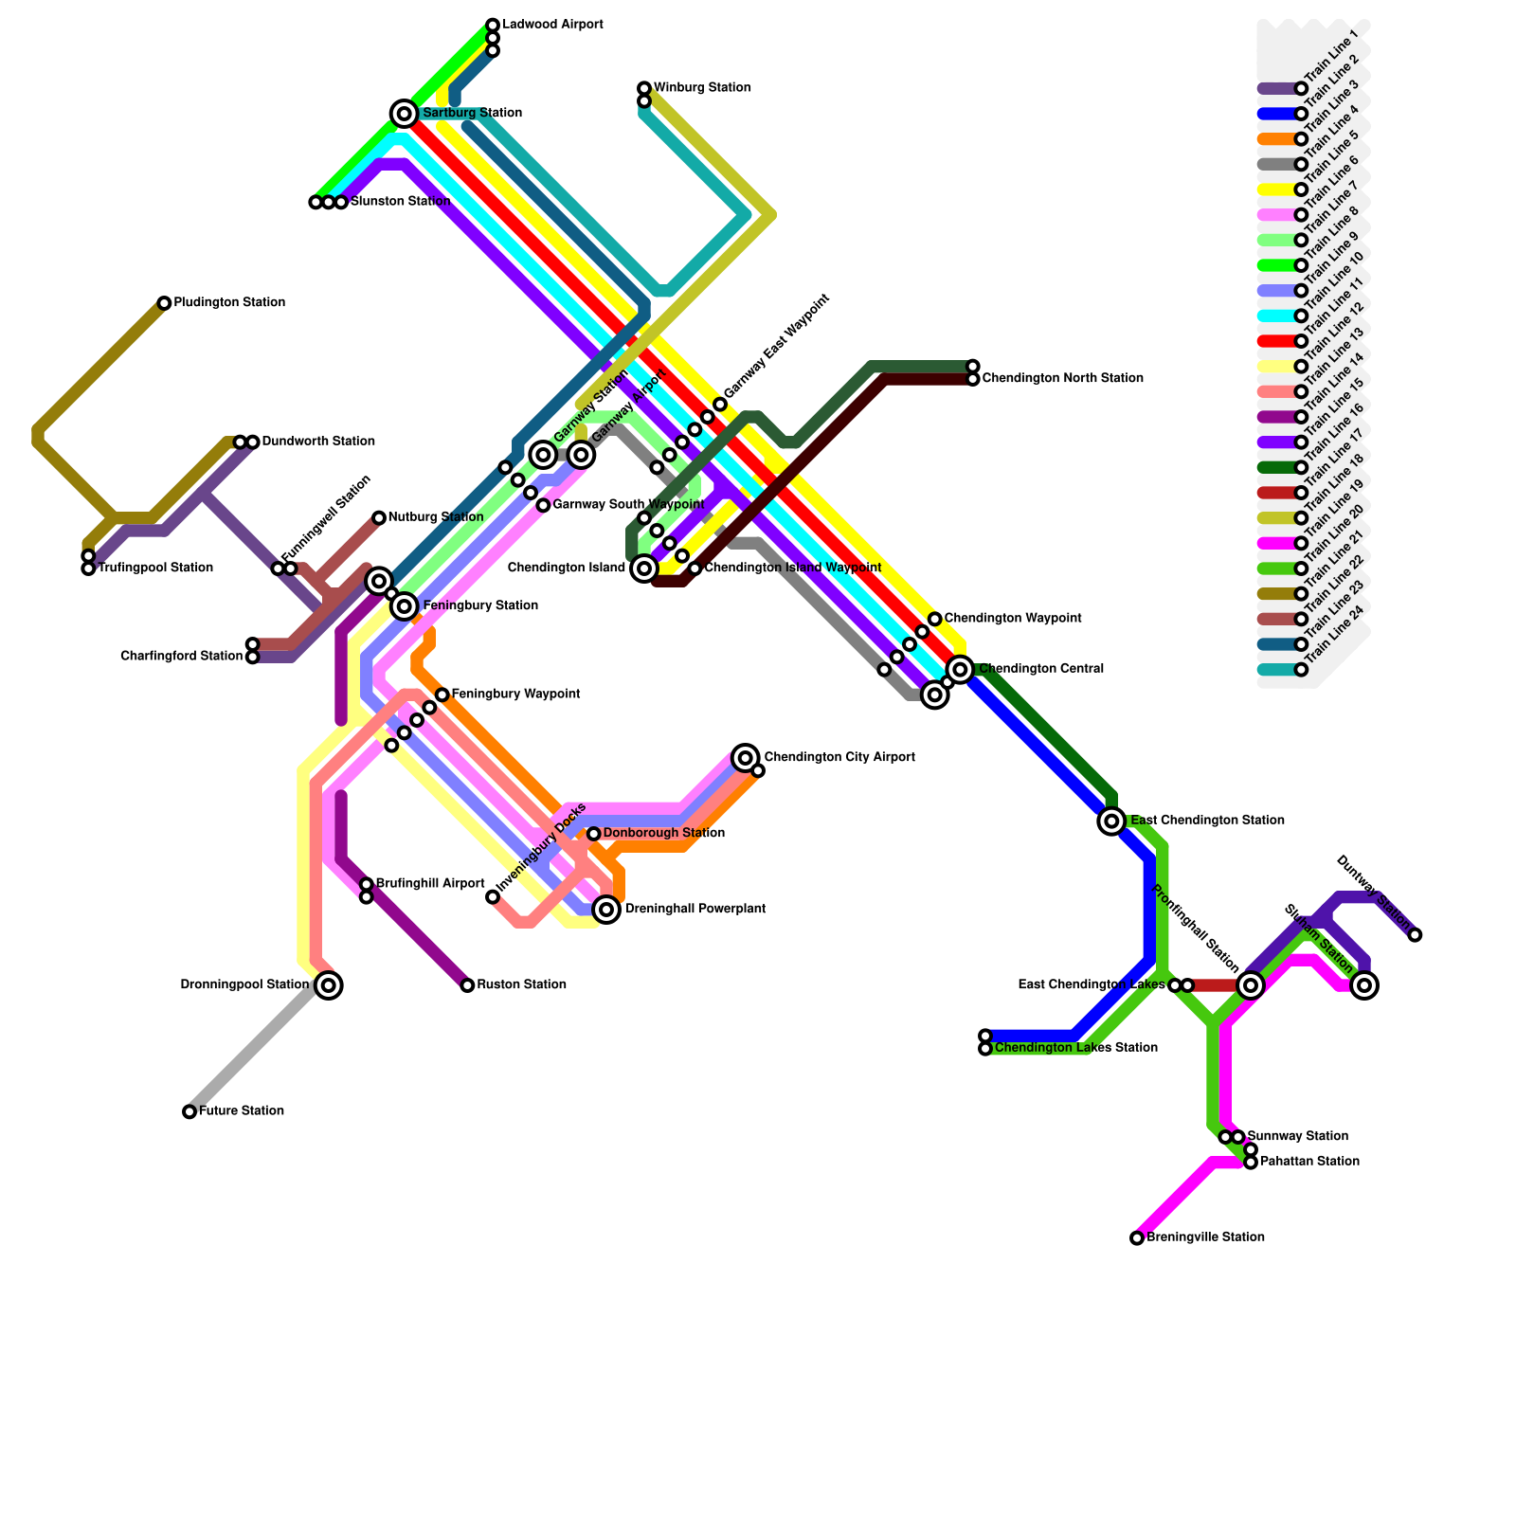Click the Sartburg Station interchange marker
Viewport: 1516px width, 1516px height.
(405, 114)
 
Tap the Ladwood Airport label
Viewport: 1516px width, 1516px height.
(552, 25)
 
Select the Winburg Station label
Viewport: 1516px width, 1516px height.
(702, 88)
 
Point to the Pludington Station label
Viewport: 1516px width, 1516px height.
(229, 303)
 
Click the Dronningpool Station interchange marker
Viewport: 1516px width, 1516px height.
(329, 985)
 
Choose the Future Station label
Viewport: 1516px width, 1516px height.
(241, 1111)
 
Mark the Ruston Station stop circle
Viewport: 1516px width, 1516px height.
(467, 985)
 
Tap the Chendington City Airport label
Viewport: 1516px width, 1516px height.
(839, 758)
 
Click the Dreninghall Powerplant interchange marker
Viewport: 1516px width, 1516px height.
(607, 910)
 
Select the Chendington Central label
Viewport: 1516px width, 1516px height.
(1041, 669)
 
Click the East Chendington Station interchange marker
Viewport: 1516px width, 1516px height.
(1111, 821)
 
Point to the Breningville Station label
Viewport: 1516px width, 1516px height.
(1205, 1237)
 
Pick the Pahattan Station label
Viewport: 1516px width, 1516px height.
(1309, 1162)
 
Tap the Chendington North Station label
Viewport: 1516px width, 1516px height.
(1062, 379)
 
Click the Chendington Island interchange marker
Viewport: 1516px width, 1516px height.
(644, 568)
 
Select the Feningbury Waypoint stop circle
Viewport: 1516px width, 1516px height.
(442, 695)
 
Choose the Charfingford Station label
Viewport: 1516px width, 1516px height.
(182, 657)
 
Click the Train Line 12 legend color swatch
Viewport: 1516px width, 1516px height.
(1276, 341)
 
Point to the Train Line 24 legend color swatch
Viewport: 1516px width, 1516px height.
(1276, 670)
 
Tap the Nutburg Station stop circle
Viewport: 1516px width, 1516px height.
(379, 517)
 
